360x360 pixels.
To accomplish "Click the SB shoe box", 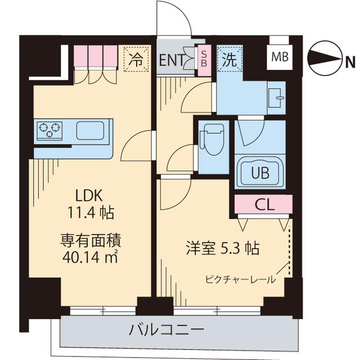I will coord(204,59).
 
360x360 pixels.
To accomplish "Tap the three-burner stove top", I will coord(49,130).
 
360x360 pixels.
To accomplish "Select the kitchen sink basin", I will coord(92,130).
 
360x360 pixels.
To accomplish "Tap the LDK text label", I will coord(89,196).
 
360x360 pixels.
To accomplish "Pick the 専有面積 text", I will coord(91,241).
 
